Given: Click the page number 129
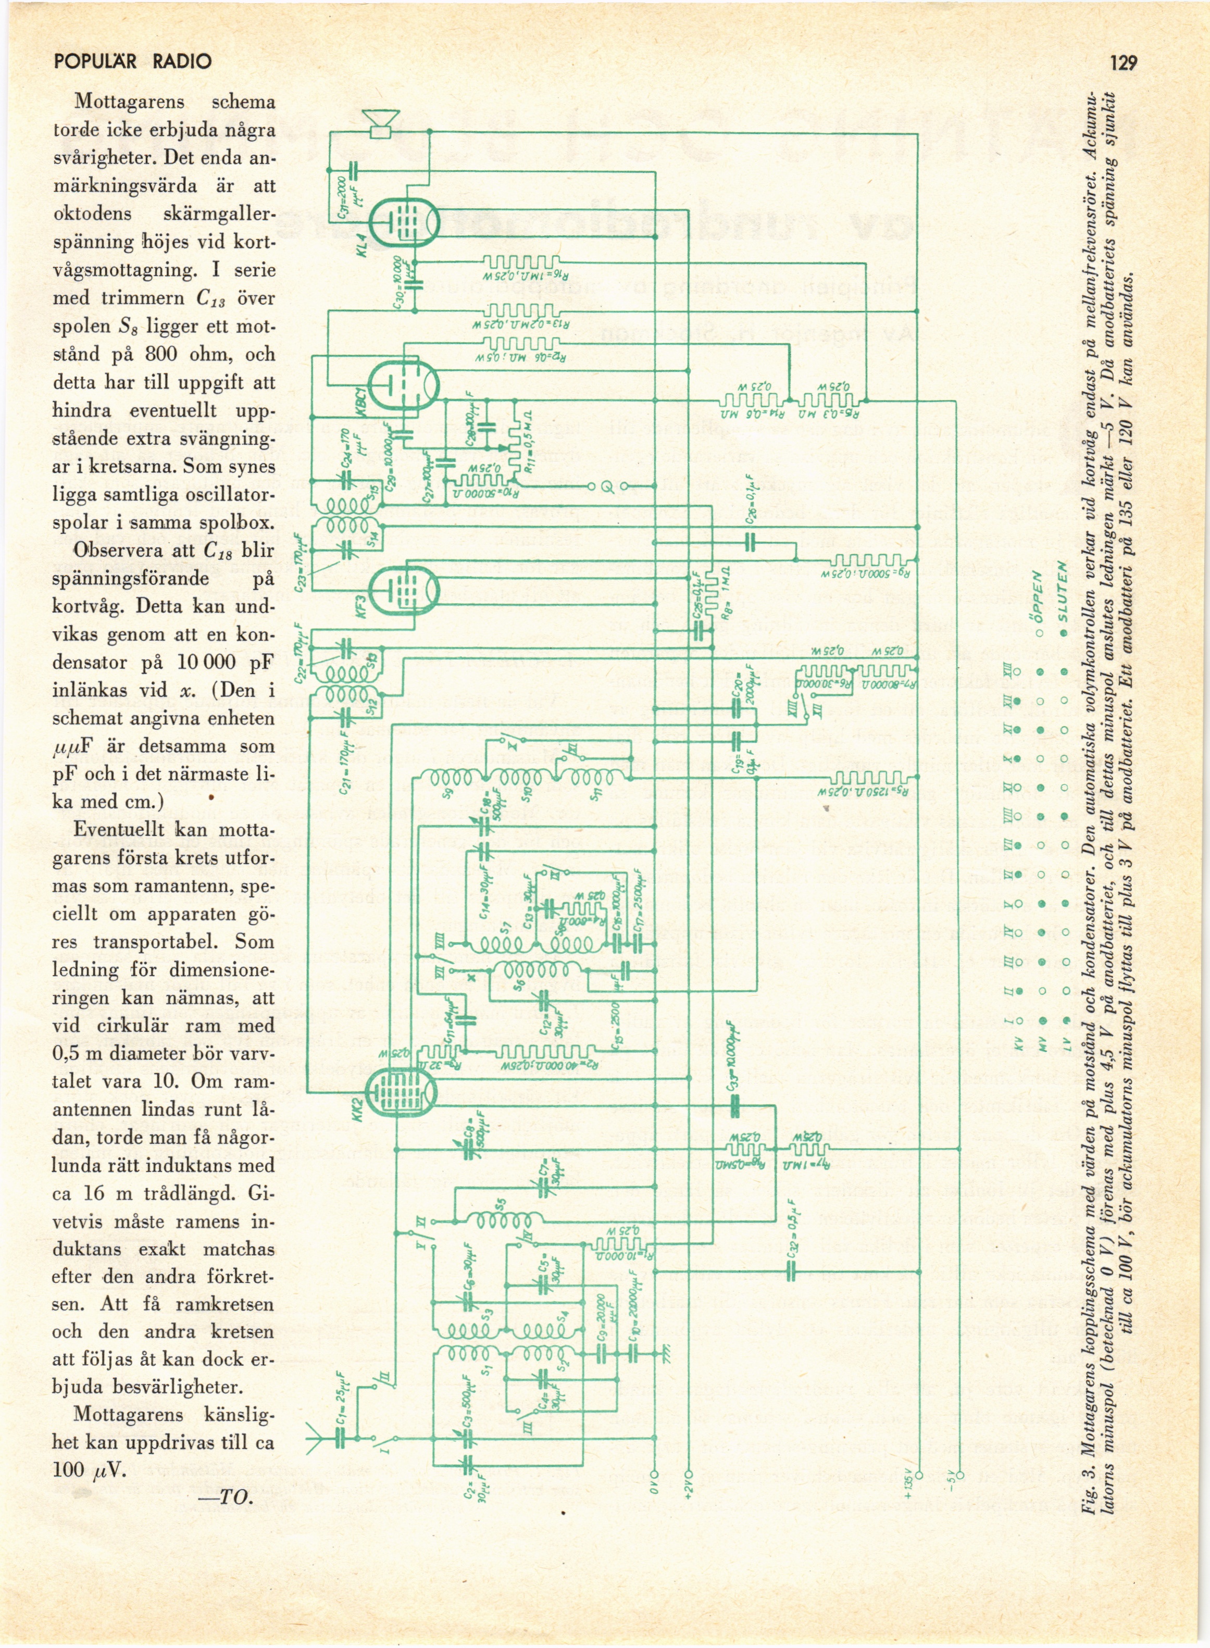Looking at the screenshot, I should click(x=1123, y=63).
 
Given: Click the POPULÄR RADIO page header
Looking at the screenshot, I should click(x=133, y=61).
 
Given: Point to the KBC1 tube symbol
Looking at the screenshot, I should click(x=403, y=385).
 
